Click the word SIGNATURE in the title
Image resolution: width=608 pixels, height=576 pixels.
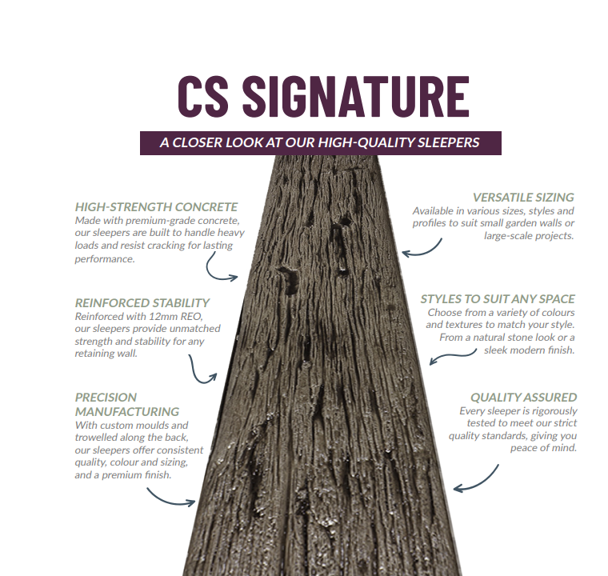pos(355,98)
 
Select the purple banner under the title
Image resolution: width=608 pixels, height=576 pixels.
pos(320,142)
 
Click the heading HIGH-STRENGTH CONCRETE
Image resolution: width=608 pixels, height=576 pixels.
pos(156,207)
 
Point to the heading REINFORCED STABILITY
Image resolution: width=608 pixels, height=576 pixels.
pos(142,303)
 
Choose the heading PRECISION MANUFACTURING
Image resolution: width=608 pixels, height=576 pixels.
pos(126,404)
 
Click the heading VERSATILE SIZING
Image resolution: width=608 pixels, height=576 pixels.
pos(523,198)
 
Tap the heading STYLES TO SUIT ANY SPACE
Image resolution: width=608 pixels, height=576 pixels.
pos(498,299)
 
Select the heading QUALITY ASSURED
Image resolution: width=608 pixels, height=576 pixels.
pos(523,398)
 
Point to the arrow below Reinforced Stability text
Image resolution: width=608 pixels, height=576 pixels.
pos(202,369)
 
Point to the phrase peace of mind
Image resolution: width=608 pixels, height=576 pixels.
pos(543,448)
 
